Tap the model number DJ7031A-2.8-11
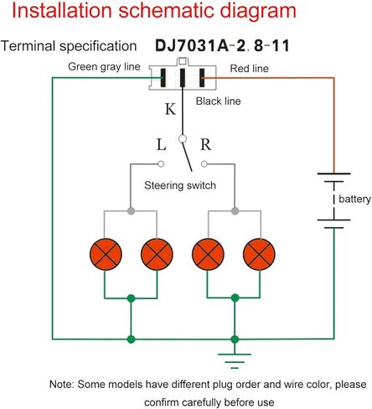(222, 46)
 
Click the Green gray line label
(104, 67)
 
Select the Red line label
(249, 69)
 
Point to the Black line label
(218, 101)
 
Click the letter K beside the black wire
(170, 109)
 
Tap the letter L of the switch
(161, 145)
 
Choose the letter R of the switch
(206, 144)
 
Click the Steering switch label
(180, 185)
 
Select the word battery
(354, 199)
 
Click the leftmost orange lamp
(106, 254)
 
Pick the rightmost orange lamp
(259, 254)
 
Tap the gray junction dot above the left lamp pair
(131, 211)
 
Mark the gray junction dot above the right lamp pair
(235, 211)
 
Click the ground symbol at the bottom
(235, 361)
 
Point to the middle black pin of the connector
(183, 78)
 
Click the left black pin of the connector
(163, 78)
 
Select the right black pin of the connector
(202, 78)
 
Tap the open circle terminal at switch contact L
(161, 164)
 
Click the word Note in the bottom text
(62, 385)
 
